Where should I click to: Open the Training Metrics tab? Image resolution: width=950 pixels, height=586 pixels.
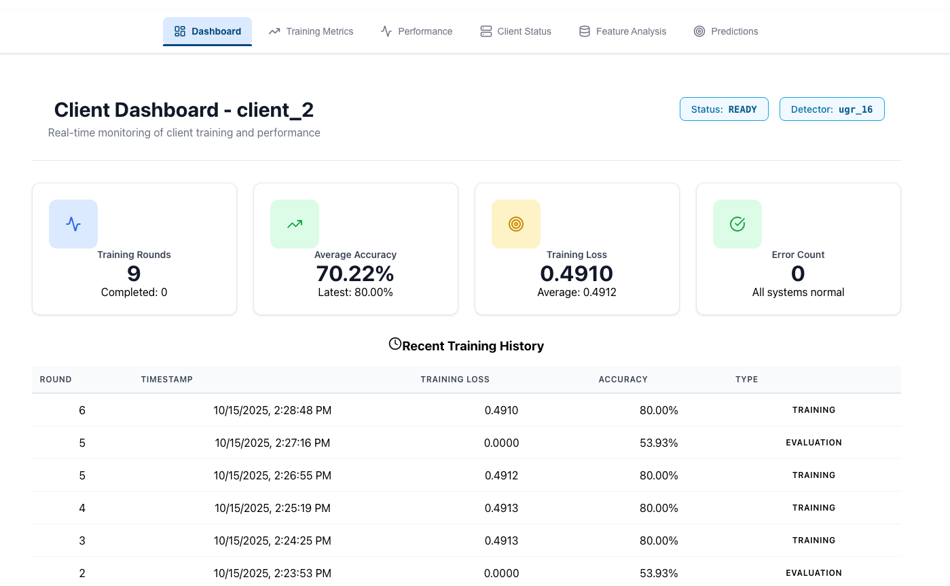pyautogui.click(x=311, y=31)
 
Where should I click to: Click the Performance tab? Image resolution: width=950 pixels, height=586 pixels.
pyautogui.click(x=416, y=31)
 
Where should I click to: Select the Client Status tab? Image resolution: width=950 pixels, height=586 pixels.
pyautogui.click(x=515, y=31)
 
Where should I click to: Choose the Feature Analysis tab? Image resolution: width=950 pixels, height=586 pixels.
pyautogui.click(x=622, y=31)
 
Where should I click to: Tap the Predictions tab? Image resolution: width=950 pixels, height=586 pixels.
pyautogui.click(x=726, y=31)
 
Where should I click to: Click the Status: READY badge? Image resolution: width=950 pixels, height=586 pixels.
pyautogui.click(x=724, y=109)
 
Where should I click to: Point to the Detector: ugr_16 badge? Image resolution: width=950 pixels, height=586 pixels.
pyautogui.click(x=832, y=109)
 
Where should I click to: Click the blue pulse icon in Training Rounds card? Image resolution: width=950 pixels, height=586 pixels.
pyautogui.click(x=73, y=224)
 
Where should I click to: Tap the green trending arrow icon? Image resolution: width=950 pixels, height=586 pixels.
pyautogui.click(x=295, y=224)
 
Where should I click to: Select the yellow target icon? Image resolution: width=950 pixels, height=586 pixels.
pyautogui.click(x=516, y=224)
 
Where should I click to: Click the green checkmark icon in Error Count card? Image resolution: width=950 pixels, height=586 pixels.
pyautogui.click(x=737, y=224)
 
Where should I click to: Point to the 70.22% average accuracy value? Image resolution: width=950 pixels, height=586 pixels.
pyautogui.click(x=355, y=274)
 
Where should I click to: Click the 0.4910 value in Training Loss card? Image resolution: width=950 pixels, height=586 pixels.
pyautogui.click(x=577, y=274)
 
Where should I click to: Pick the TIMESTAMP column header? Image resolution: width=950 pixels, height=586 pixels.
pyautogui.click(x=167, y=380)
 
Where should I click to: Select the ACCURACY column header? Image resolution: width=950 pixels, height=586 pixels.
pyautogui.click(x=623, y=380)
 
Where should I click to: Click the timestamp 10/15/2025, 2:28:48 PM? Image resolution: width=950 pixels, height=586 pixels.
pyautogui.click(x=272, y=410)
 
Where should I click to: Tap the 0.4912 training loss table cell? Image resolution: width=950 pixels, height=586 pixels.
pyautogui.click(x=501, y=475)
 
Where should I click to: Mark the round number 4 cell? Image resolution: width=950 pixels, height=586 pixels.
pyautogui.click(x=82, y=508)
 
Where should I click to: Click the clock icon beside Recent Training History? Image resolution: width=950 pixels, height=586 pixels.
pyautogui.click(x=395, y=344)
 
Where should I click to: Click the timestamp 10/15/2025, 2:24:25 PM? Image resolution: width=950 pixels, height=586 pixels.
pyautogui.click(x=272, y=541)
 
